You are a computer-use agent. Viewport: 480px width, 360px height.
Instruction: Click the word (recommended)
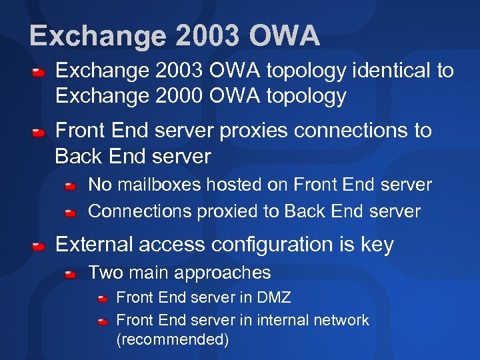click(x=172, y=339)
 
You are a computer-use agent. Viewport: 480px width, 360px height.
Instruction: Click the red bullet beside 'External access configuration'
click(x=40, y=246)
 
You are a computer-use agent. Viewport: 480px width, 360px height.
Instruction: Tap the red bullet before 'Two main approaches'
click(x=71, y=273)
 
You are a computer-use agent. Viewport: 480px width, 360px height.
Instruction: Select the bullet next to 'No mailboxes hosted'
click(x=71, y=186)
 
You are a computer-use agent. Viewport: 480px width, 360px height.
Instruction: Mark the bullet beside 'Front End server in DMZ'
click(x=103, y=299)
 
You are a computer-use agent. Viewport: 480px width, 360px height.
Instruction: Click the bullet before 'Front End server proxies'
click(x=40, y=132)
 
